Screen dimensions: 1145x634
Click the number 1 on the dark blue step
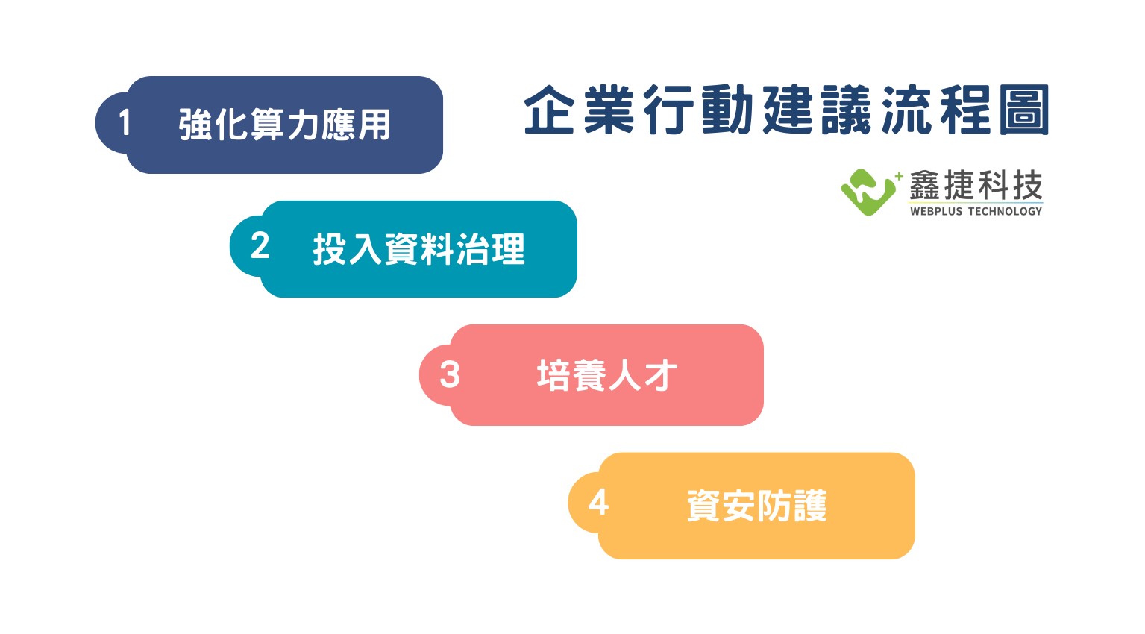125,123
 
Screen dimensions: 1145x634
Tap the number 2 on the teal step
260,246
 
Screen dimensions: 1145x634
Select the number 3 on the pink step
450,374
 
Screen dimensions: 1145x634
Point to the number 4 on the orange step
598,502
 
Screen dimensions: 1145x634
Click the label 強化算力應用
285,125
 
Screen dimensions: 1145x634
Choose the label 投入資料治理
419,249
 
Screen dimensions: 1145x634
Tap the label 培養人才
607,375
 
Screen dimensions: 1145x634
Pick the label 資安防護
757,506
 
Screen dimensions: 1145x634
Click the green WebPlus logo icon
868,192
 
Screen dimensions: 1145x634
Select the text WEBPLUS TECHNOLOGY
976,211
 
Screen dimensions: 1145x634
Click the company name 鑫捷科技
976,185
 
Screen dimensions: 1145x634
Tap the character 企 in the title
549,110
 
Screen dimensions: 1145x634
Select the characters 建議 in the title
817,110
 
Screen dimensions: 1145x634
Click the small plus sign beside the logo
899,176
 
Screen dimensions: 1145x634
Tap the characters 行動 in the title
697,110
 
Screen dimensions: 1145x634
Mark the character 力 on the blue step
302,125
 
